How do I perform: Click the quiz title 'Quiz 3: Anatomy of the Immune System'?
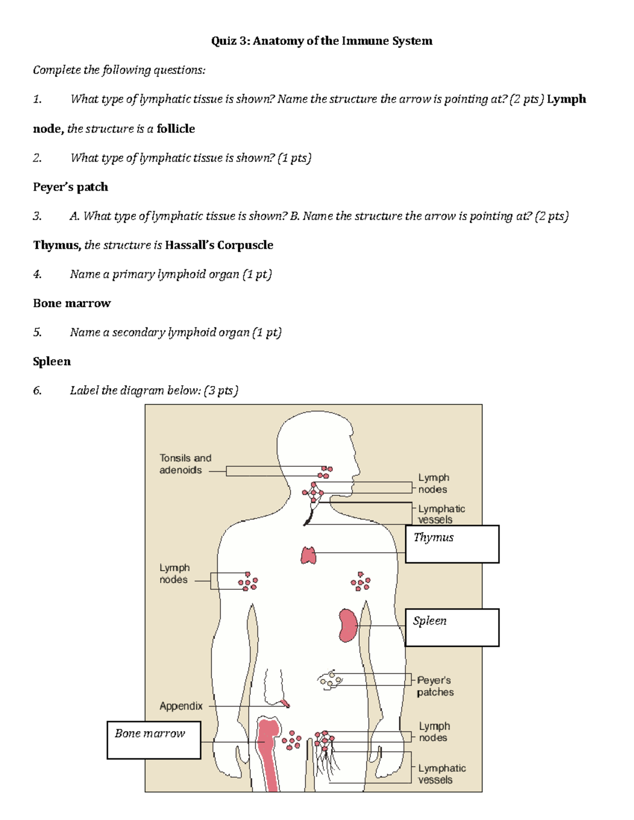(321, 41)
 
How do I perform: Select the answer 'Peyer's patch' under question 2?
(70, 187)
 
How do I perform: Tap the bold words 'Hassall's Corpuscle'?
(219, 245)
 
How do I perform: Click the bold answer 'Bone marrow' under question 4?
(72, 303)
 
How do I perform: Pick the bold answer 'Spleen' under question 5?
(52, 361)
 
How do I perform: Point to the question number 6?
(36, 391)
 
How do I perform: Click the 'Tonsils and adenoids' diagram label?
(185, 464)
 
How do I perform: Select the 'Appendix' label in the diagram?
(181, 706)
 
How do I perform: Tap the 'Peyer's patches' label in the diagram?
(435, 686)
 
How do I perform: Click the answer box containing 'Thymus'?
(452, 544)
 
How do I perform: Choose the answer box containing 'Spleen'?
(452, 627)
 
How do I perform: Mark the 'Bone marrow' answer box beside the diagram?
(154, 740)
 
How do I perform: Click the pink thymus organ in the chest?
(309, 555)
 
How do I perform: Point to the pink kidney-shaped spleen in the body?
(348, 625)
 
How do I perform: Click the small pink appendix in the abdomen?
(285, 703)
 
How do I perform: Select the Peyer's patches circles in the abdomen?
(330, 680)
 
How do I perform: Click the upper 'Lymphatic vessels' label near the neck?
(441, 514)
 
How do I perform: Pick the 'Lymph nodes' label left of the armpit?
(174, 573)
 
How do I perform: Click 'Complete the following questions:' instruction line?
(119, 70)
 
